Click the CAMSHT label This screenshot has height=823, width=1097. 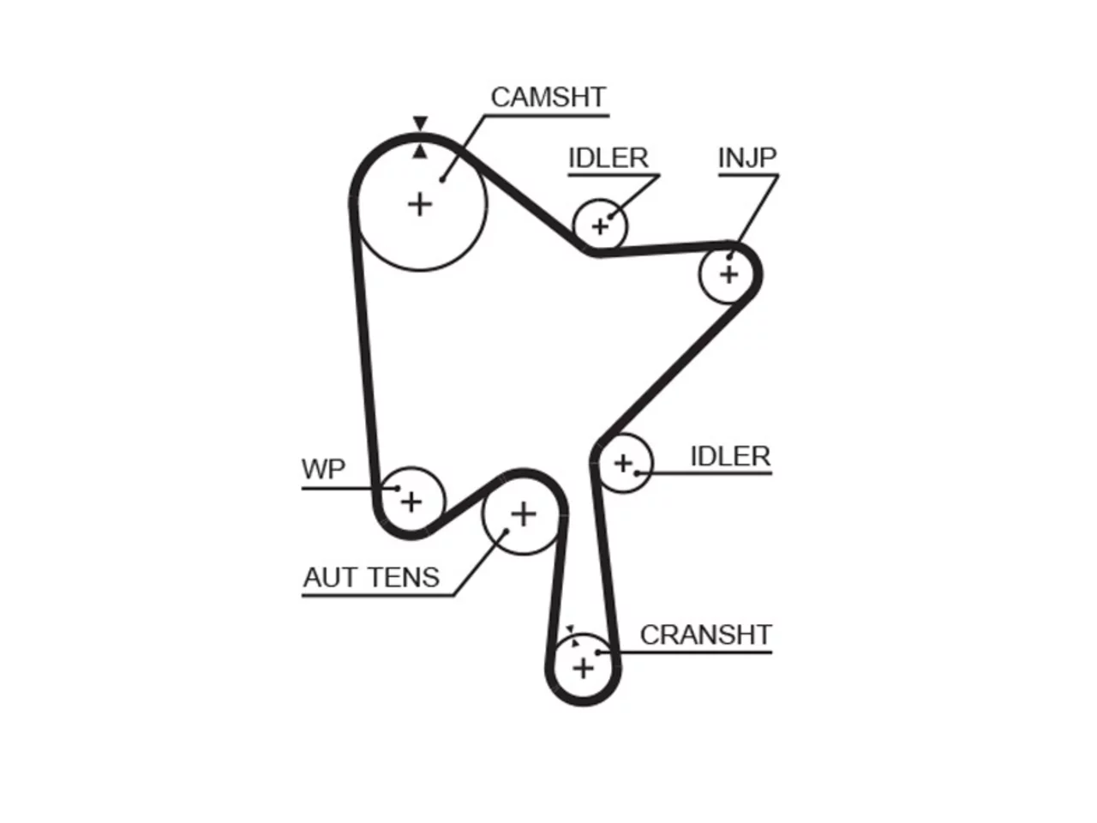coord(548,98)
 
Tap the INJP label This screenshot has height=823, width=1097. coord(747,158)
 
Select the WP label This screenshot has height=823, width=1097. coord(323,469)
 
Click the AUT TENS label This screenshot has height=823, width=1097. coord(371,578)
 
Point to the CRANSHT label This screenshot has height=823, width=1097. coord(705,635)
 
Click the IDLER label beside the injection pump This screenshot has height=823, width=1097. coord(608,158)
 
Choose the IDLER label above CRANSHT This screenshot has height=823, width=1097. coord(730,456)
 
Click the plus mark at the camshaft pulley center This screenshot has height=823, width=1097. coord(420,205)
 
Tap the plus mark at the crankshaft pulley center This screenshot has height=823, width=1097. coord(584,669)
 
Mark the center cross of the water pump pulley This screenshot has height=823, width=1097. coord(411,502)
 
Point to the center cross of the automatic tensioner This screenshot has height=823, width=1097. coord(524,514)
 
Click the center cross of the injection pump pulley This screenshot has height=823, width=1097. coord(728,274)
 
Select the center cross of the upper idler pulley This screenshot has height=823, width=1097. coord(600,227)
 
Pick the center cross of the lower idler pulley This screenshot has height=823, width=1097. coord(623,463)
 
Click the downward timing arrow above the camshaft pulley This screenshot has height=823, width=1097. coord(420,123)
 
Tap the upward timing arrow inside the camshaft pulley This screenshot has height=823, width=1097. coord(420,152)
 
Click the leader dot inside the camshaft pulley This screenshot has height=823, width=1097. coord(441,179)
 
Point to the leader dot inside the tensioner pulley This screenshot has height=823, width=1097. coord(506,532)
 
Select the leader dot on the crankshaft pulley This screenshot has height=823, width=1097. coord(598,652)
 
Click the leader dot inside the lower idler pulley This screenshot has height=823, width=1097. coord(637,473)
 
